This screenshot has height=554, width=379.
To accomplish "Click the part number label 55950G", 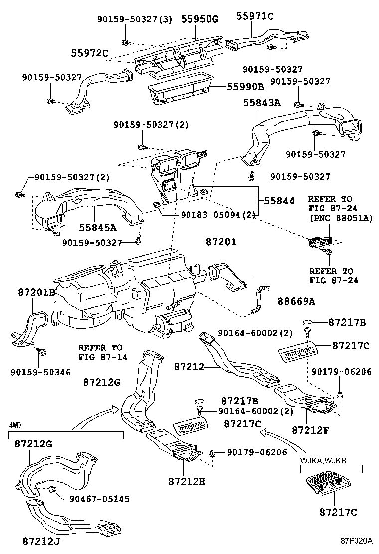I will pos(199,20).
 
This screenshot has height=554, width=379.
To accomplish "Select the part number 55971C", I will pos(254,16).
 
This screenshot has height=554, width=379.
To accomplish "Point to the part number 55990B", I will pos(245,86).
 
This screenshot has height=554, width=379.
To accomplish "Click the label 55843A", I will pos(262,103).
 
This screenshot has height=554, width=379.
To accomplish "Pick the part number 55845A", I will pos(97,227).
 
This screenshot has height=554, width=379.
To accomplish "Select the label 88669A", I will pos(296,302).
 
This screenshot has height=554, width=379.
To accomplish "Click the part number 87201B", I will pos(37,292).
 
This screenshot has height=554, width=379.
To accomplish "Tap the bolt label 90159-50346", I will pos(41,372).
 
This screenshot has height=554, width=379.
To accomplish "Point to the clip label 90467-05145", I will pos(99,498).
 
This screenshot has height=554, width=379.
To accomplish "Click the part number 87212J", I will pos(41,540).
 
